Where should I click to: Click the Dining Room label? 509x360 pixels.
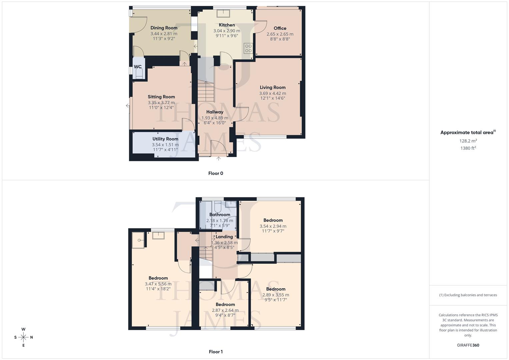(164, 28)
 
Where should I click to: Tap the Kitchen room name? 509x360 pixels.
(227, 25)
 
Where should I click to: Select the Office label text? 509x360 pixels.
(280, 28)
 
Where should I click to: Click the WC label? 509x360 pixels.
(138, 67)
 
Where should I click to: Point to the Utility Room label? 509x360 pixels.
(165, 139)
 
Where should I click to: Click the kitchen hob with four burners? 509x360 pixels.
(248, 48)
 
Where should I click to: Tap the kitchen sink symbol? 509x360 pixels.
(222, 13)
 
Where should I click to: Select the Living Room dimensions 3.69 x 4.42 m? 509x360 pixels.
(273, 93)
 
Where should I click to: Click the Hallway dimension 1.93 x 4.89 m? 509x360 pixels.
(215, 118)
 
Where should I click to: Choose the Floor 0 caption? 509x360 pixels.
(216, 173)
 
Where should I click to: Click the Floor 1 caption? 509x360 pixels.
(216, 352)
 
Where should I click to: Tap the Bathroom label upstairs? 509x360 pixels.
(220, 215)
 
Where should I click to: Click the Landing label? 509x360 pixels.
(224, 237)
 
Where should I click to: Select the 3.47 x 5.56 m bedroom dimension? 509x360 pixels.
(158, 284)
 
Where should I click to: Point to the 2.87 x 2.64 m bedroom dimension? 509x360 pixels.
(225, 310)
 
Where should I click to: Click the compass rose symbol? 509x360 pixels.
(23, 337)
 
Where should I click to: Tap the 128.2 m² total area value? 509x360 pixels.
(468, 141)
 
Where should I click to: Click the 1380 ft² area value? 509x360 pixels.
(468, 148)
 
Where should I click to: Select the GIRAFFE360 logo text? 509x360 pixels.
(468, 345)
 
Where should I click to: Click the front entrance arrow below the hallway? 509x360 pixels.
(218, 159)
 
